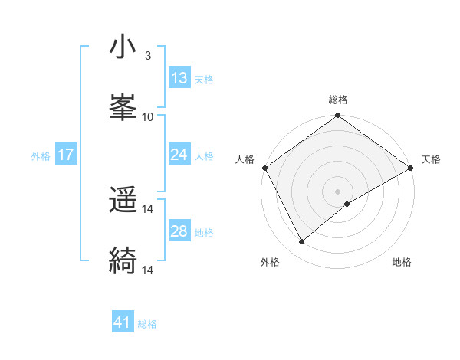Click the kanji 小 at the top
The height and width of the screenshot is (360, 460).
tap(123, 47)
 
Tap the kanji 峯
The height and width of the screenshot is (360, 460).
tap(123, 108)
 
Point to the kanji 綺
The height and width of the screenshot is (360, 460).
tap(123, 261)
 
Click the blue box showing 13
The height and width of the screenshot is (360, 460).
tap(179, 78)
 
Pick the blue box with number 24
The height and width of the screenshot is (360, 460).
tap(179, 155)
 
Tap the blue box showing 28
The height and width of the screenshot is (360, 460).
tap(179, 231)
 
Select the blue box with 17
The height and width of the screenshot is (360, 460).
tap(66, 155)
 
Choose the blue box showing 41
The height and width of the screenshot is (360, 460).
tap(123, 322)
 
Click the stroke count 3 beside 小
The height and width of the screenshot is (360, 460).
tap(148, 56)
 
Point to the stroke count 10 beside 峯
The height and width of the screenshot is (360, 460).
tap(148, 116)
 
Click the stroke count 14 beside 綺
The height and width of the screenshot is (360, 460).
tap(148, 270)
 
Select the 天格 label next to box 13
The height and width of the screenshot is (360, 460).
tap(204, 80)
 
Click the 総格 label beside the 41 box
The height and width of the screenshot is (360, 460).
tap(147, 324)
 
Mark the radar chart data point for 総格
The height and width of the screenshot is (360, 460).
tap(337, 116)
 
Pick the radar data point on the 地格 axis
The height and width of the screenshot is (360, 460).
tap(347, 204)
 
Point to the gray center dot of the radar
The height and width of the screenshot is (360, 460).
tap(337, 191)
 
